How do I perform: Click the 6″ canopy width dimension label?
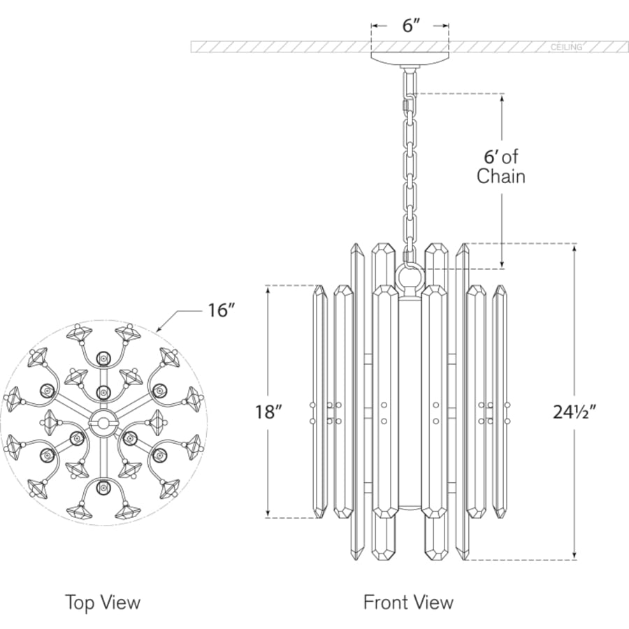pos(410,26)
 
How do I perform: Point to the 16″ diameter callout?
pos(220,310)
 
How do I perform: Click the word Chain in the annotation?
pos(501,176)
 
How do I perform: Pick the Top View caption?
pos(103,602)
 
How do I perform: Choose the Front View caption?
pos(408,602)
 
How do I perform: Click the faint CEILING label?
pos(566,48)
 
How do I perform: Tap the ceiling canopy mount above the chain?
pos(410,59)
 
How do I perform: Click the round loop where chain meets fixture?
pos(410,275)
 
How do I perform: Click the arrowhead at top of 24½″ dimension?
pos(575,249)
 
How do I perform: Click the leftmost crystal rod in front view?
pos(319,401)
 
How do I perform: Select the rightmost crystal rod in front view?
pos(500,401)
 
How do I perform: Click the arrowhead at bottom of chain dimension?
pos(502,263)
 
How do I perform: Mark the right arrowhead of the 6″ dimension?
pos(444,26)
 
